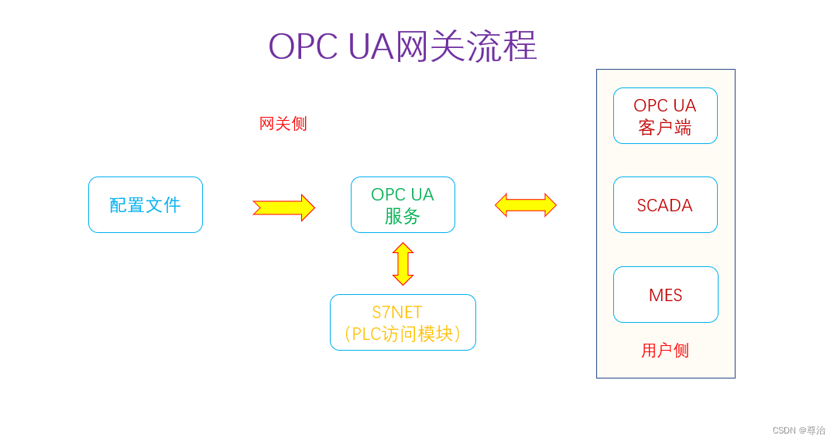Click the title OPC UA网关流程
402,46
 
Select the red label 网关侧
283,124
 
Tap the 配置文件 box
146,205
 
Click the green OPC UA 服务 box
403,205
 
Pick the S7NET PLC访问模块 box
403,323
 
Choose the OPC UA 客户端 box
665,116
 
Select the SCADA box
665,205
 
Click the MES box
665,295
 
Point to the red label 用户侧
665,351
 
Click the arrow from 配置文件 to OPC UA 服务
283,207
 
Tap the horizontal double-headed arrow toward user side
526,205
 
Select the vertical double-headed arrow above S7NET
403,264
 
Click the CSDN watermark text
798,430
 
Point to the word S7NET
396,313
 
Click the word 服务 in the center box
402,216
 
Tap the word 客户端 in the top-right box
665,128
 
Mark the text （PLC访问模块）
403,334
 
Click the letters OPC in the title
303,46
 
